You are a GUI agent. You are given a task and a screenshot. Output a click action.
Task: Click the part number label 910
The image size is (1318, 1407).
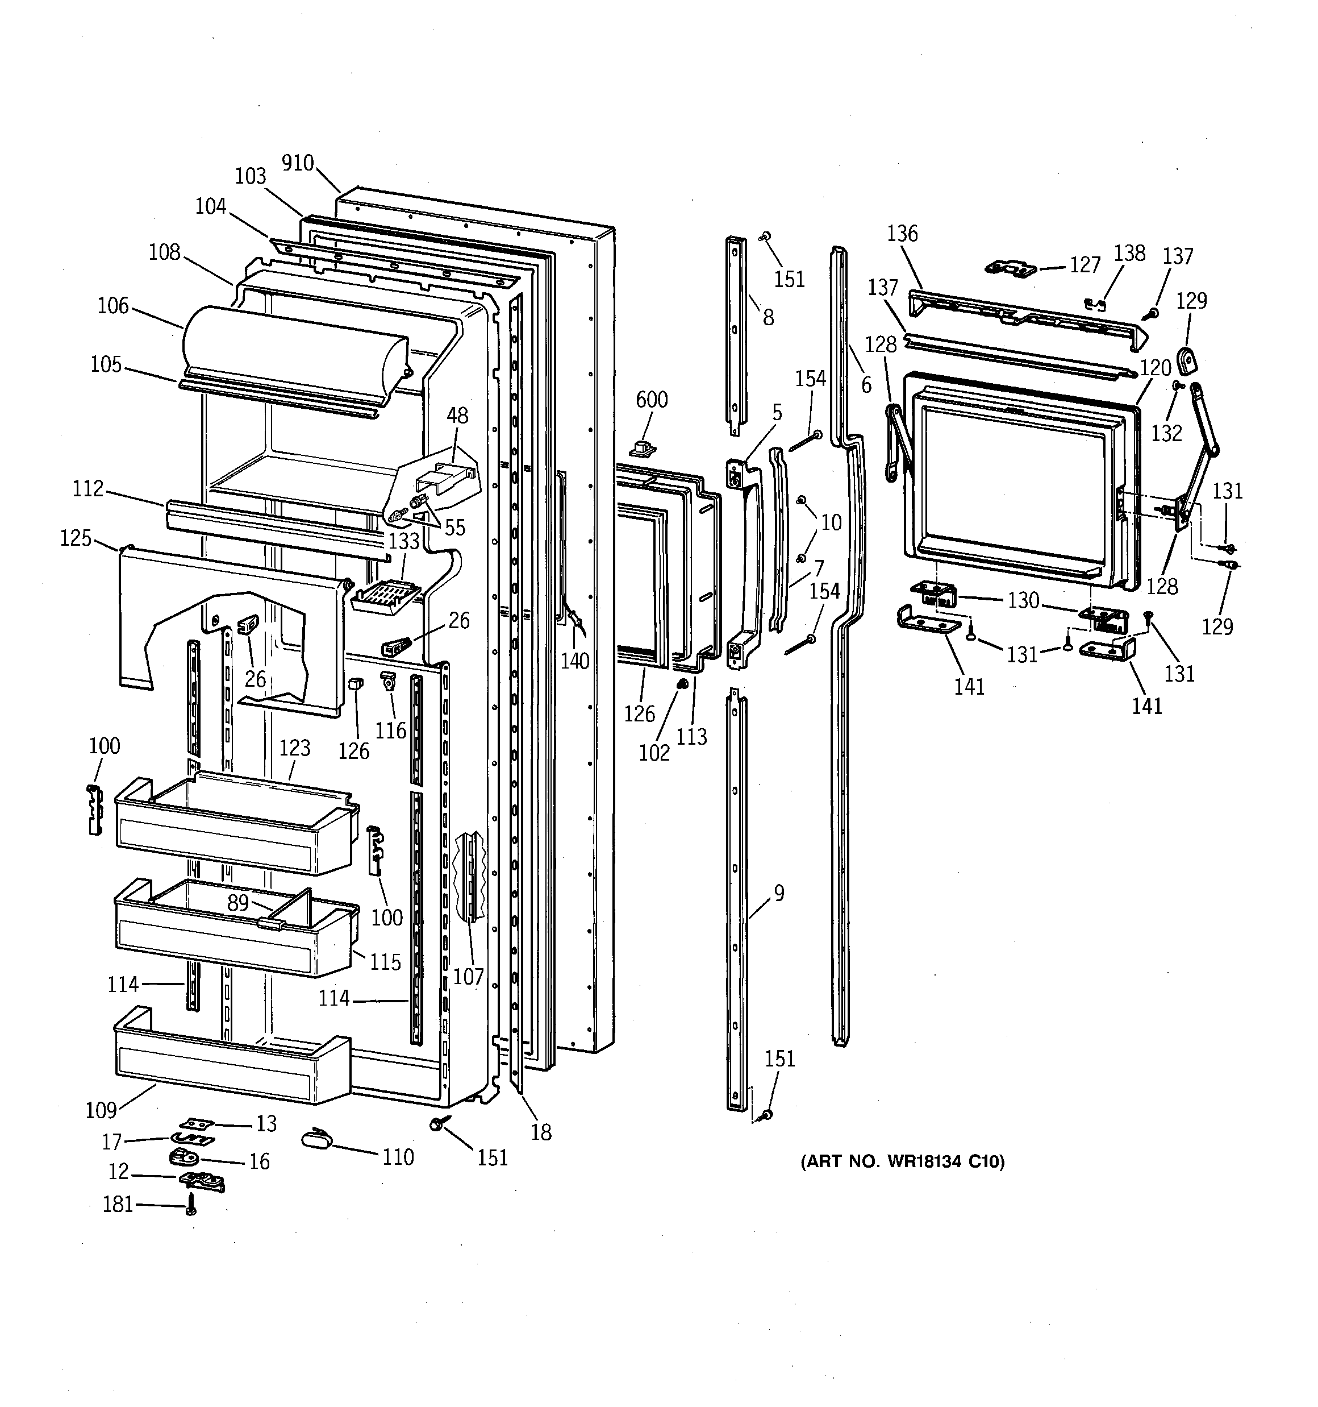[x=297, y=164]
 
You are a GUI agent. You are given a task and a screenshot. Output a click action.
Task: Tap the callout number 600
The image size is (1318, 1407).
[x=651, y=400]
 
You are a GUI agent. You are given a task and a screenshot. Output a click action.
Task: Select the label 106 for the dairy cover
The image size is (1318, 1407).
[x=113, y=306]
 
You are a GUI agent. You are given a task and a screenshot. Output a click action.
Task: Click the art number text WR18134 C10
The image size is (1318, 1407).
[x=902, y=1161]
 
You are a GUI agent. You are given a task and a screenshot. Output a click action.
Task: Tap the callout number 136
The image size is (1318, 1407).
[x=902, y=234]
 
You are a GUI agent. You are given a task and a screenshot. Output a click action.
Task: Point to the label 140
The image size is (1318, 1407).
[x=574, y=661]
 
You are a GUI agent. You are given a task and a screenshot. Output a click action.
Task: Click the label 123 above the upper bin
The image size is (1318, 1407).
[x=294, y=748]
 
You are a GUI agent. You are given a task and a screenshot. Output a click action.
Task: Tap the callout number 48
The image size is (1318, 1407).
[x=457, y=416]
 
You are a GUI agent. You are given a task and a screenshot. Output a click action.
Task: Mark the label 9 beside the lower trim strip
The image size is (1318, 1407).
[x=778, y=893]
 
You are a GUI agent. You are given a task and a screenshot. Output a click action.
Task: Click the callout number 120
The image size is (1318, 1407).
[x=1156, y=368]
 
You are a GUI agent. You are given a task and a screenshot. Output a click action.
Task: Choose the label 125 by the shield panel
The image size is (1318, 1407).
[x=76, y=538]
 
